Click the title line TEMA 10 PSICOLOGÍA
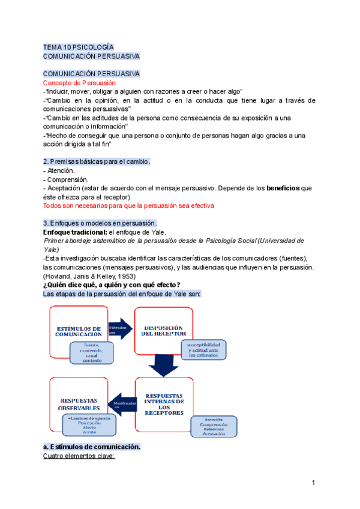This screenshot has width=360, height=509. (78, 47)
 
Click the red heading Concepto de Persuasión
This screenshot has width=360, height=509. (80, 82)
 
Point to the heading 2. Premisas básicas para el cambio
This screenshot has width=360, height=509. (97, 161)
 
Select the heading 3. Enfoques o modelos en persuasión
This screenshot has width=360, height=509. (100, 223)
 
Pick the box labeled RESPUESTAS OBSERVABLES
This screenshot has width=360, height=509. (78, 403)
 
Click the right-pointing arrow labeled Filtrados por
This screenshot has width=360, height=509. (120, 329)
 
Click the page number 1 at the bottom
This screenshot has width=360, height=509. (313, 483)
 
